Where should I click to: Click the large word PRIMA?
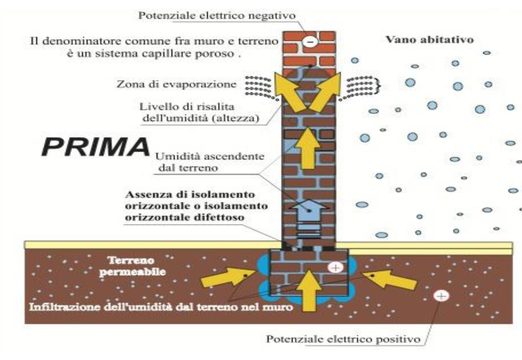(x=96, y=147)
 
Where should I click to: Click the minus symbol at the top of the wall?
(x=310, y=41)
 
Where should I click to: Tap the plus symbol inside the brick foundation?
(x=335, y=267)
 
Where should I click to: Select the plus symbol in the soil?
(x=441, y=296)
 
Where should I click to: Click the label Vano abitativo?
(x=429, y=39)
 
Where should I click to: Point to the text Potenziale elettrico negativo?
(x=217, y=15)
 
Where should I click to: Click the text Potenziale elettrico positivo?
(x=343, y=339)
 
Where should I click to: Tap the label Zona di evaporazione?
(x=176, y=84)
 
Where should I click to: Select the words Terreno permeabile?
(x=132, y=266)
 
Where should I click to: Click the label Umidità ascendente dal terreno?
(x=210, y=162)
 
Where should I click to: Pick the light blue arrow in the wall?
(x=309, y=210)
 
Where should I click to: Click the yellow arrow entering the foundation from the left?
(x=226, y=277)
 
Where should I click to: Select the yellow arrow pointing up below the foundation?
(x=309, y=290)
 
